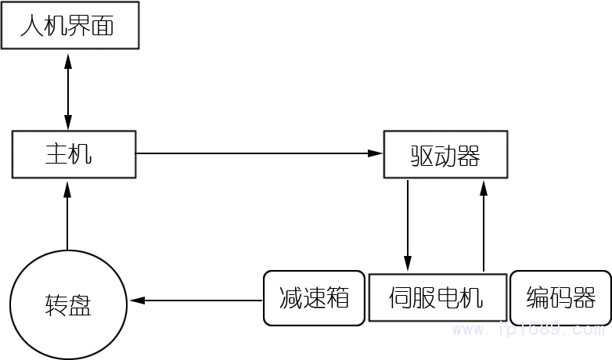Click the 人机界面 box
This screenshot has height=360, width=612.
pos(70,27)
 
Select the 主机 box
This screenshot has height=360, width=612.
pos(74,153)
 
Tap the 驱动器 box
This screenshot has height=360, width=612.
pos(445,154)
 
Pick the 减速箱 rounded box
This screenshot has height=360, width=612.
pos(314,298)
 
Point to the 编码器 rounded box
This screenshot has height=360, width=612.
pos(560,298)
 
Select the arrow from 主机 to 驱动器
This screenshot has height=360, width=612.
pos(258,153)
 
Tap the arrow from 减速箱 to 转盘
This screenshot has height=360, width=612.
pos(196,300)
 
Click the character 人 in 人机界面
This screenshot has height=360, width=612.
pos(31,27)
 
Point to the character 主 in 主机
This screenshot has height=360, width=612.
pos(57,153)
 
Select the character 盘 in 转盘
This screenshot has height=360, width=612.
pos(80,306)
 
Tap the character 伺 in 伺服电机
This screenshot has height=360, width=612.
pos(401,298)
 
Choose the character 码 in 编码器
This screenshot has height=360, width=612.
pos(561,298)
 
